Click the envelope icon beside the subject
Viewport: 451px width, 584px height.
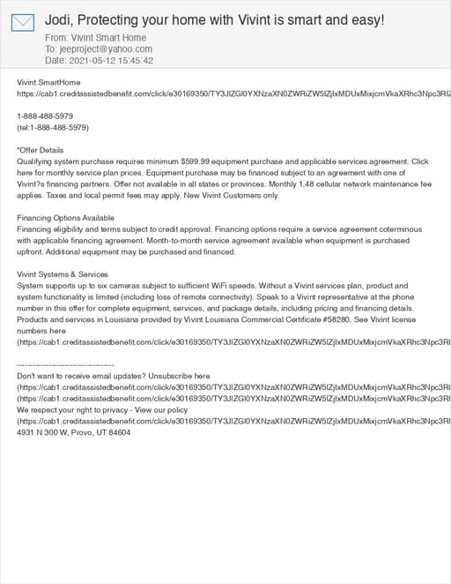point(23,23)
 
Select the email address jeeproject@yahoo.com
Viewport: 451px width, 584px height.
point(105,49)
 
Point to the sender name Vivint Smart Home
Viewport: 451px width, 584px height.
point(106,39)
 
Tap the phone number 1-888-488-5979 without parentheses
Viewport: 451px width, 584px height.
point(45,116)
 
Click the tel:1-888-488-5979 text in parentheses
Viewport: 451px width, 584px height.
point(53,127)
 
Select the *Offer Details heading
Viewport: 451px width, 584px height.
point(41,150)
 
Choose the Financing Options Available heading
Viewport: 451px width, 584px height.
point(66,218)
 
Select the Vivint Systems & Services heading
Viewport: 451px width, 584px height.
point(63,274)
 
